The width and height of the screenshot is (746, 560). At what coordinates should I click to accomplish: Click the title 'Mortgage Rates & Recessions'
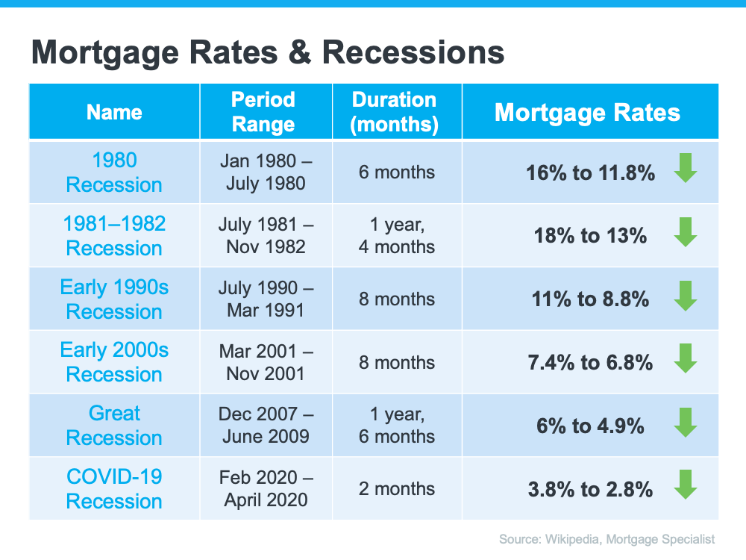[268, 53]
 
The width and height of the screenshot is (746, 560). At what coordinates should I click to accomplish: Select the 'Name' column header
[114, 112]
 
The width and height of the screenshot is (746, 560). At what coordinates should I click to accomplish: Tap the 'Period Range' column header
[263, 112]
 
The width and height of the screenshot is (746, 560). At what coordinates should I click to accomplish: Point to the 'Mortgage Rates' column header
[587, 112]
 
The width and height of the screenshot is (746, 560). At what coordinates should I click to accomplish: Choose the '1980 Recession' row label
[114, 172]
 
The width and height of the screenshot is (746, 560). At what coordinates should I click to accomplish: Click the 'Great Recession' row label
[114, 426]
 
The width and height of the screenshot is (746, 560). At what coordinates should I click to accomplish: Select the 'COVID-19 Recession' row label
[114, 489]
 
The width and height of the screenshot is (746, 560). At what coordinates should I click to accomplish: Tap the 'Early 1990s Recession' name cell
[114, 299]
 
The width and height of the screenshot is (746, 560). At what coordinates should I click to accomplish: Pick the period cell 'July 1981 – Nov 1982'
[266, 236]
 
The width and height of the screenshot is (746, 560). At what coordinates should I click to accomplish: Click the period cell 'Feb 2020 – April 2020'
[266, 489]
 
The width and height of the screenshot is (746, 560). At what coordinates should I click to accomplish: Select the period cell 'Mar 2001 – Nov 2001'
[266, 362]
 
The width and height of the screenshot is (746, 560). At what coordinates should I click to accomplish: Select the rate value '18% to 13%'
[590, 236]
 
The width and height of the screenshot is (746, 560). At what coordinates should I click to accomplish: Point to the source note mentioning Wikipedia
[607, 538]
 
